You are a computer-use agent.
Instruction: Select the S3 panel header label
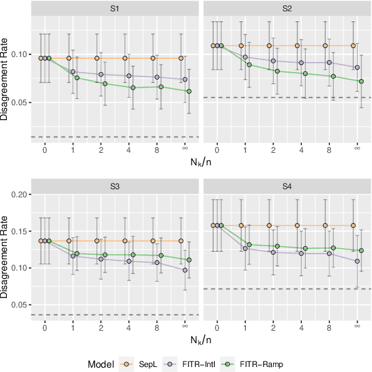(115, 187)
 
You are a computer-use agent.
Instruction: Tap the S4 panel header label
(287, 187)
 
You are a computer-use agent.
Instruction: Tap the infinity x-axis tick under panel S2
(357, 148)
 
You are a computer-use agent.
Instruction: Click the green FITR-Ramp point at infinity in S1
(189, 91)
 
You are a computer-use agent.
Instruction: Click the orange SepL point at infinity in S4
(353, 225)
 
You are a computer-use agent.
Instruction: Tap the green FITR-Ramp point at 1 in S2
(249, 65)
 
